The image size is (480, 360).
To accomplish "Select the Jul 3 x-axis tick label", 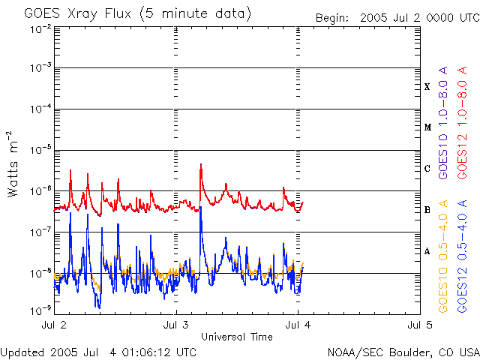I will tap(175, 326).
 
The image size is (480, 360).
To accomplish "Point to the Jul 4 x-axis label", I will tap(298, 326).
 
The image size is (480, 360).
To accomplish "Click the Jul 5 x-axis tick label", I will tap(419, 326).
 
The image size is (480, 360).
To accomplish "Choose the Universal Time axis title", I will tap(236, 337).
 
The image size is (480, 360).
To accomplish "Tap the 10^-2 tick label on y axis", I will tap(40, 28).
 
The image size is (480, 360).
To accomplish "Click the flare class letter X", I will tap(427, 86).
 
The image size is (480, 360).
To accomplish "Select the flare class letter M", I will tap(427, 127).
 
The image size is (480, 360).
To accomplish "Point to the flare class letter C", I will tap(427, 169).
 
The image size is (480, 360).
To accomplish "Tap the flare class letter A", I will tap(427, 251).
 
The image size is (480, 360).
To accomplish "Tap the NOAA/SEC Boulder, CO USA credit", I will tap(403, 352).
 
